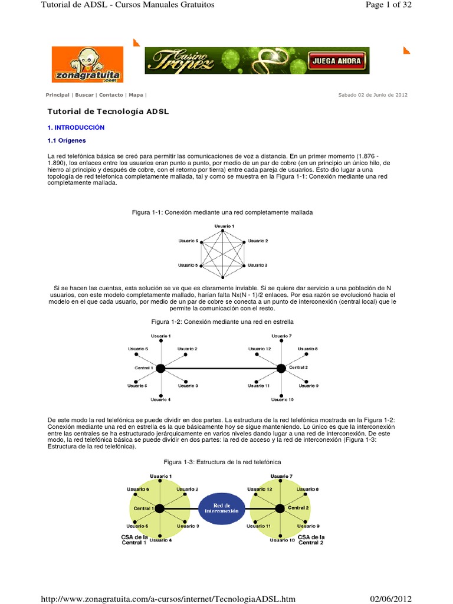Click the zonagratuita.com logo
tap(87, 64)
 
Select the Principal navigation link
tap(58, 94)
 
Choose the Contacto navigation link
tap(111, 94)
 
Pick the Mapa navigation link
tap(136, 94)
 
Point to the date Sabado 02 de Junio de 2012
tap(372, 94)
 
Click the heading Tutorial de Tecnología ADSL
tap(108, 111)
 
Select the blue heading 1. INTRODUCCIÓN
tap(75, 127)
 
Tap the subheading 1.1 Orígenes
tap(67, 140)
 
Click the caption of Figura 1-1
tap(222, 212)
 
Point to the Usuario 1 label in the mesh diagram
tap(224, 226)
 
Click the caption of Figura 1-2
tap(222, 321)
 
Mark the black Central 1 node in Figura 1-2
tap(160, 368)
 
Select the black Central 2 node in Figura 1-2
tap(281, 368)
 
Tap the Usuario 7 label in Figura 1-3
tap(281, 476)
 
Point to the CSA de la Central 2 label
tap(311, 540)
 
